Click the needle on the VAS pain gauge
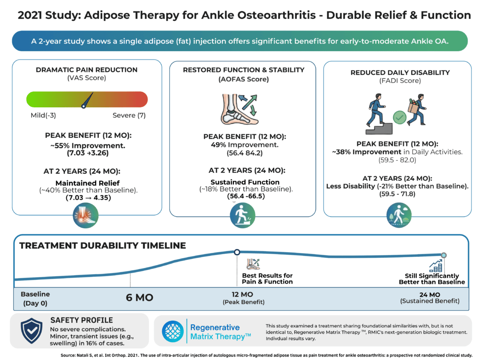87,100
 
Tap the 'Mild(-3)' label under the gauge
43,115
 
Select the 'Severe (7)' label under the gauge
129,115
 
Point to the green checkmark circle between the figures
399,117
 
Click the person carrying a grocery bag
417,109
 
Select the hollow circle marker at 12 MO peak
237,252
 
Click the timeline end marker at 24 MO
443,255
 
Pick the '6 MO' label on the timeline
140,298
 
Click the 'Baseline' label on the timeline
35,294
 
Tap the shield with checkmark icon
31,330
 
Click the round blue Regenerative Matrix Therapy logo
172,331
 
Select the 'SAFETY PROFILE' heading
82,320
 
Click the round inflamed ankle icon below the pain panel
86,216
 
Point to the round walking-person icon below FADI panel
399,215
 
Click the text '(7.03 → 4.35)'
89,198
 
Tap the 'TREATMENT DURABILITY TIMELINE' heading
103,246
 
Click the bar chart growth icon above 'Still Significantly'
435,266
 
